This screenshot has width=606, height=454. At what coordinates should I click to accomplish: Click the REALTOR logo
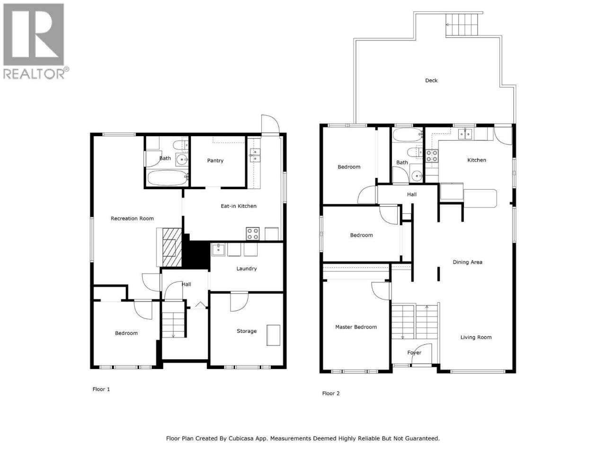tap(36, 41)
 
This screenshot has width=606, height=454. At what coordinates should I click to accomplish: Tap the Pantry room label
tap(215, 160)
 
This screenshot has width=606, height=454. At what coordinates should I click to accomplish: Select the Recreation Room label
tap(132, 218)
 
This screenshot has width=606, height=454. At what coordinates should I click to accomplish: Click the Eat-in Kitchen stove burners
tap(252, 234)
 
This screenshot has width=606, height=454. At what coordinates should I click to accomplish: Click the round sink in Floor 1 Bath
tap(182, 159)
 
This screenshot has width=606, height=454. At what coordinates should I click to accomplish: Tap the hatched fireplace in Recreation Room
tap(172, 247)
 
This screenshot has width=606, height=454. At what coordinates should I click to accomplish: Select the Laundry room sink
tap(218, 250)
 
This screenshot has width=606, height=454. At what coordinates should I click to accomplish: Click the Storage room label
tap(247, 331)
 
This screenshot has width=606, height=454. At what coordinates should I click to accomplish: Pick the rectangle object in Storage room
tap(273, 335)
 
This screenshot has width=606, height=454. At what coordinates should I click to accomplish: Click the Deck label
tap(431, 80)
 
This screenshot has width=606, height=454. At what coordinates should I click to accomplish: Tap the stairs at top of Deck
tap(461, 25)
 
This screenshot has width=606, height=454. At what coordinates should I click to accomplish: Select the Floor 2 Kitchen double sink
tap(465, 134)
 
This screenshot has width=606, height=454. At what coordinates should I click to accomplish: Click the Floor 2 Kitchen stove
tap(431, 156)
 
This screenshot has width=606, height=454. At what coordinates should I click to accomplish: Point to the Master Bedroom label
tap(356, 327)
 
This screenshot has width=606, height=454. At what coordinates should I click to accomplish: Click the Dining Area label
tap(467, 262)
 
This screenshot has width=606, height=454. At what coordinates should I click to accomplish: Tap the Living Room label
tap(476, 337)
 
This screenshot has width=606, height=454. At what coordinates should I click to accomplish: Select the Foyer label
tap(414, 353)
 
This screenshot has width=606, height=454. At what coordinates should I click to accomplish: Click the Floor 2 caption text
tap(331, 393)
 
